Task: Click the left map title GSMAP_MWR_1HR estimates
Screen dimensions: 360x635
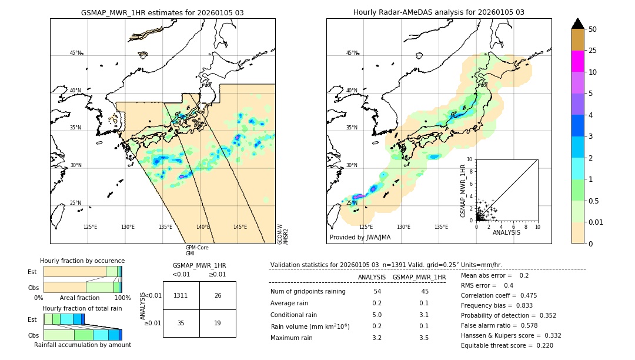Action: [x=162, y=12]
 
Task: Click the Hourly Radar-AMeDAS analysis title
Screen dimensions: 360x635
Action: [x=439, y=12]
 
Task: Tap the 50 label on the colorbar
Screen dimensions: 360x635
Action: [x=593, y=29]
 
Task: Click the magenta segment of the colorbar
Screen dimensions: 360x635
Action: [x=577, y=61]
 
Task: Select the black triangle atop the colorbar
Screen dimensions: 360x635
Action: [x=577, y=24]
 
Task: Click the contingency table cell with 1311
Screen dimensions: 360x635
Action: [x=181, y=295]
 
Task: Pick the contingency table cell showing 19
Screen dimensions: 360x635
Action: [x=218, y=323]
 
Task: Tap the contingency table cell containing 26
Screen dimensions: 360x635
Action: [x=218, y=295]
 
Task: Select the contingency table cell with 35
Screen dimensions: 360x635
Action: [x=181, y=323]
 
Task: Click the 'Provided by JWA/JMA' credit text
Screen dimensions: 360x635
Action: [x=360, y=237]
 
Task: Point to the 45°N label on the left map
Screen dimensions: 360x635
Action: [x=75, y=53]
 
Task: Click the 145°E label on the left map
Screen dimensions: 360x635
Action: [x=240, y=227]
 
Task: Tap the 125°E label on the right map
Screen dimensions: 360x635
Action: [x=366, y=227]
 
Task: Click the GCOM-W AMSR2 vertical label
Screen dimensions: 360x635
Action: [x=283, y=233]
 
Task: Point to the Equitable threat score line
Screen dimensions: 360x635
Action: [x=507, y=345]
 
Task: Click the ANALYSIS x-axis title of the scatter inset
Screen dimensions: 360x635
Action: [x=506, y=233]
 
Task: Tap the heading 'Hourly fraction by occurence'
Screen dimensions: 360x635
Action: [x=82, y=261]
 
